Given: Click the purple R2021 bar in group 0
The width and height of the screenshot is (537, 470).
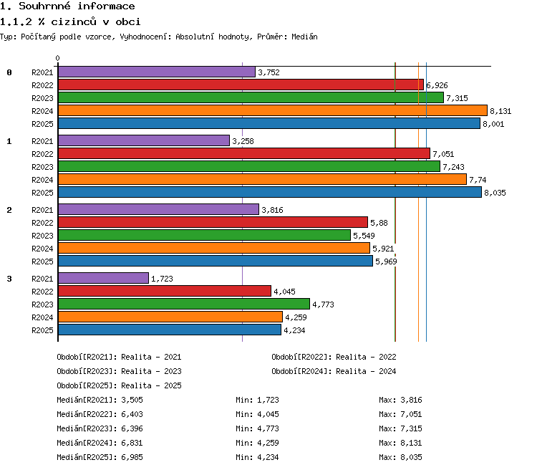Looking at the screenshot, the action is [x=157, y=72].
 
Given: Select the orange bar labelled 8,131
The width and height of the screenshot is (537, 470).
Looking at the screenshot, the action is [x=273, y=110].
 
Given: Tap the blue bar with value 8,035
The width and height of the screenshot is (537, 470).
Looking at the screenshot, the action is [x=270, y=192].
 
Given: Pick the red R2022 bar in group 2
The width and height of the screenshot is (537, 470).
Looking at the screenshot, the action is [x=213, y=222].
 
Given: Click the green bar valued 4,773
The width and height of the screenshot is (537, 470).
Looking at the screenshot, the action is [x=184, y=304].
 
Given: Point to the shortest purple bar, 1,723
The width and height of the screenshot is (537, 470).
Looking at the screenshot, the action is [x=103, y=278].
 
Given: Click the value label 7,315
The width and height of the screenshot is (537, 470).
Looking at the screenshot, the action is [x=457, y=98].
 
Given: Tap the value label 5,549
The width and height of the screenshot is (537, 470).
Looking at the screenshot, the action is [x=364, y=236].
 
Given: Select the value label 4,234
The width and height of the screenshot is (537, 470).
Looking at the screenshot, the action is [x=294, y=330].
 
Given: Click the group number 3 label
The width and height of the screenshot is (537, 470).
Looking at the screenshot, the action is [x=9, y=279].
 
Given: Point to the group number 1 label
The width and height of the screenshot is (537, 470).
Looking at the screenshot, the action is [x=9, y=141].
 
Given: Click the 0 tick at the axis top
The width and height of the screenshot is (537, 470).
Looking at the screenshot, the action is [x=57, y=58].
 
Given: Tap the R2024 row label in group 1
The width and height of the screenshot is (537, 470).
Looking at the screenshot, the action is [x=42, y=180].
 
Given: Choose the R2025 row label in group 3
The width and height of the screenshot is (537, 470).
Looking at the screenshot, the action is [x=42, y=330].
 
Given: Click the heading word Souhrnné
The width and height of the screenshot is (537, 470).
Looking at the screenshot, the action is [x=44, y=6].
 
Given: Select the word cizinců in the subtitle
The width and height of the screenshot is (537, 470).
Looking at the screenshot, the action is [x=74, y=21].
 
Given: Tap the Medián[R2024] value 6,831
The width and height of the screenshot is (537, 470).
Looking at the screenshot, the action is [x=132, y=443].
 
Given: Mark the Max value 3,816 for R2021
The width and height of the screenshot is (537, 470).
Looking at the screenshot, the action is [x=411, y=400].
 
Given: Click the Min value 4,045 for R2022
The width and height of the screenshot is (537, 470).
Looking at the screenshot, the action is [x=268, y=414].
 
